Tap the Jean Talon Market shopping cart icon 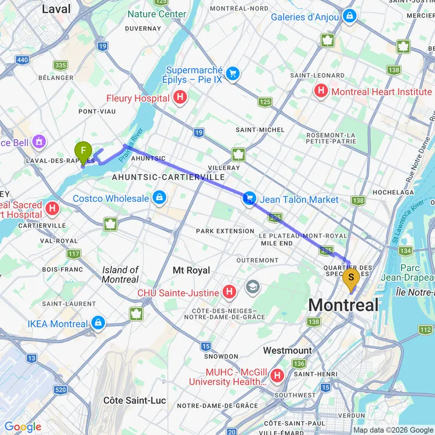click(x=249, y=199)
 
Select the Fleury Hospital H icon click(x=180, y=98)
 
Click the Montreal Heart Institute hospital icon click(x=321, y=91)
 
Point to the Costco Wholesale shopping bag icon click(x=159, y=198)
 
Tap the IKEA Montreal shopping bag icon click(x=98, y=323)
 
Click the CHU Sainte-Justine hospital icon click(x=230, y=292)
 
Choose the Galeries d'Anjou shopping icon click(x=349, y=17)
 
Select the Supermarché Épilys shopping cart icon click(x=233, y=74)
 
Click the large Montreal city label click(x=343, y=305)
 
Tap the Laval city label click(x=57, y=9)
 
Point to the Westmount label click(x=287, y=350)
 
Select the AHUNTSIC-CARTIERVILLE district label click(x=168, y=177)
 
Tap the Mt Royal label click(x=191, y=270)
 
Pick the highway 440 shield click(x=23, y=60)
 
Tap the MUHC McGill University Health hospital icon click(x=277, y=376)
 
